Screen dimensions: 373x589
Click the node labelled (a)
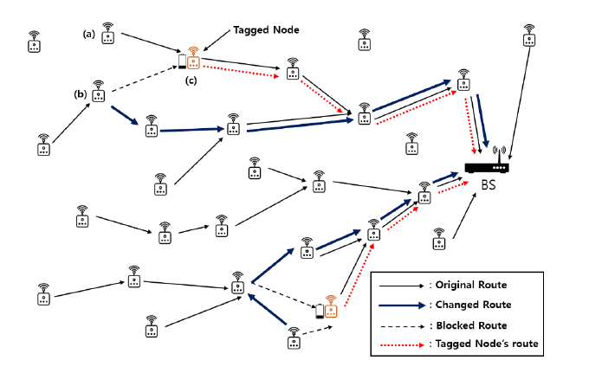tap(108, 35)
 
